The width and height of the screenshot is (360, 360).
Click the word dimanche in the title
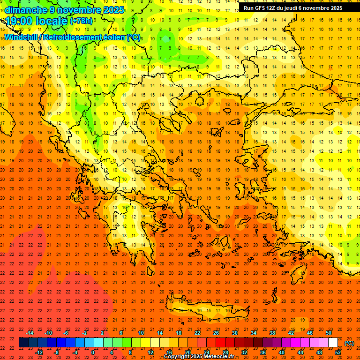(x=26, y=10)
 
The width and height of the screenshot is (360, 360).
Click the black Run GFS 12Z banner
(x=293, y=8)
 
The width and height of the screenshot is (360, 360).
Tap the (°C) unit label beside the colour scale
(x=349, y=343)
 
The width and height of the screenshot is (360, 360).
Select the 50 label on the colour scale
(x=329, y=333)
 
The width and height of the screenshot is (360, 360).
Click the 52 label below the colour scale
(x=338, y=352)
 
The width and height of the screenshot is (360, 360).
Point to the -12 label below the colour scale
(x=39, y=352)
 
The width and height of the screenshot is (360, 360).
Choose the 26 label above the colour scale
(x=216, y=333)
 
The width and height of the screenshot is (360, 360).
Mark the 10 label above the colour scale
(x=141, y=333)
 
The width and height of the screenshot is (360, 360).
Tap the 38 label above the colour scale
(x=272, y=333)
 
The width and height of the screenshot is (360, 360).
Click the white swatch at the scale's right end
(x=333, y=343)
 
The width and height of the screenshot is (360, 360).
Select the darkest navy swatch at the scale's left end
(x=24, y=343)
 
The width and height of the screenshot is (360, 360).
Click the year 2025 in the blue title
(x=112, y=10)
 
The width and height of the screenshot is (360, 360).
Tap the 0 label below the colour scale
(x=92, y=352)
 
